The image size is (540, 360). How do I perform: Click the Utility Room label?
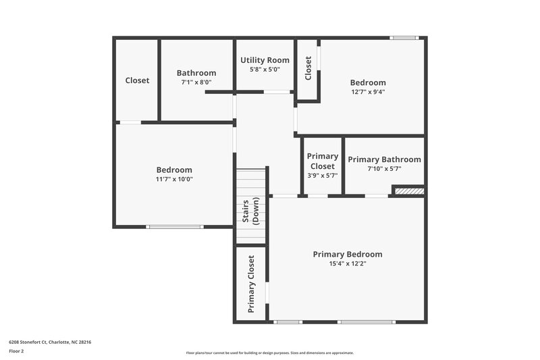coord(265,60)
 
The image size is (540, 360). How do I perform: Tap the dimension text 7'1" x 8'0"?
coord(196,82)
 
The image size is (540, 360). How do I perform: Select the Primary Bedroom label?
coord(348,255)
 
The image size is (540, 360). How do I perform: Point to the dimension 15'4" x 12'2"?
coord(348,264)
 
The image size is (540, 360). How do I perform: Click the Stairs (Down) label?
coord(251,212)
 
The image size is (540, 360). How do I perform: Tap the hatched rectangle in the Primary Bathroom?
coord(409,192)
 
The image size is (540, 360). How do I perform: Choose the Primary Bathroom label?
coord(384,159)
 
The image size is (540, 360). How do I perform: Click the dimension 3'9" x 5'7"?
coord(322,175)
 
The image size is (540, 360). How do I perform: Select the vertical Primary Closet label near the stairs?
coord(251,284)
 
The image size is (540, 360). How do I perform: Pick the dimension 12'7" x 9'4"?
coord(368,92)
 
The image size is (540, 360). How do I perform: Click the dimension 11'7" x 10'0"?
coord(174,179)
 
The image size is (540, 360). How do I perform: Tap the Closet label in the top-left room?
coord(137,80)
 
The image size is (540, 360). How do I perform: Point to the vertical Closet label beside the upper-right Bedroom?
coord(308,68)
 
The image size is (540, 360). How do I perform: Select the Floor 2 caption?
coord(17,352)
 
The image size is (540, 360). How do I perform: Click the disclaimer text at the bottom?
coord(269,353)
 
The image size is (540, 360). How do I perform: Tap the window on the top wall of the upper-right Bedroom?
coord(405,38)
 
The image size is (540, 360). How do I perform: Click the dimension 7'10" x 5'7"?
coord(384,169)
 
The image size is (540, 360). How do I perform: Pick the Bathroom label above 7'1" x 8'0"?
coord(196,73)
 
